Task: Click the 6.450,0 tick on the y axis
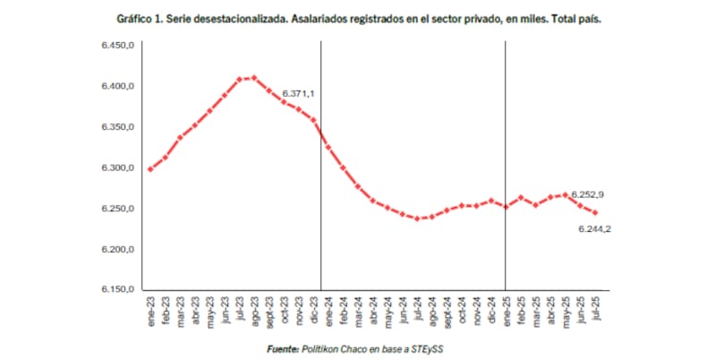[x=115, y=45]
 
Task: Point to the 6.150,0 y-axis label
[x=115, y=290]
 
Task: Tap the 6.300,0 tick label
[x=115, y=168]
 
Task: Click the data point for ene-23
[x=149, y=168]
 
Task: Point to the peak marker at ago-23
[x=253, y=78]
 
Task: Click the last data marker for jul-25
[x=595, y=213]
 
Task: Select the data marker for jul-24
[x=417, y=219]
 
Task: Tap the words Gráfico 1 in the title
[x=139, y=19]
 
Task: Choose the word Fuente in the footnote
[x=283, y=348]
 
